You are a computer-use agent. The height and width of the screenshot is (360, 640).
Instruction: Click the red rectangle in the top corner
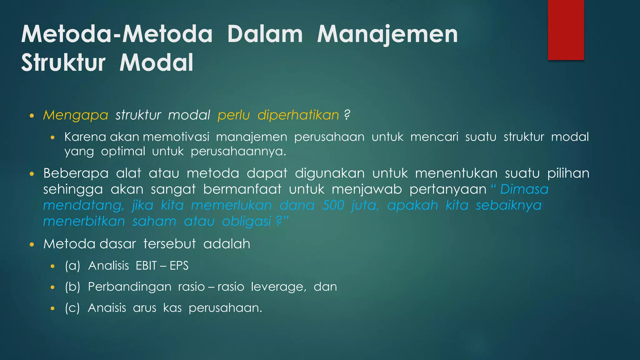pyautogui.click(x=566, y=30)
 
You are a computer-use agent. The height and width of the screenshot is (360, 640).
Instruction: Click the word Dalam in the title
pyautogui.click(x=265, y=34)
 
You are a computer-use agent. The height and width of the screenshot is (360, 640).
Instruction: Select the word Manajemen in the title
pyautogui.click(x=387, y=34)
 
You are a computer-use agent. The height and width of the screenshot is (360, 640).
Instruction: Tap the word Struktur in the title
pyautogui.click(x=63, y=62)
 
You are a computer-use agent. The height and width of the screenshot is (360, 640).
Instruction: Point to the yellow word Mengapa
pyautogui.click(x=76, y=115)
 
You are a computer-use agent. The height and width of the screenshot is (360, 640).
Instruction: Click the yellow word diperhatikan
pyautogui.click(x=298, y=115)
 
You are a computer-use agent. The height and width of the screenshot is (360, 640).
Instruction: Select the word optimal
pyautogui.click(x=123, y=152)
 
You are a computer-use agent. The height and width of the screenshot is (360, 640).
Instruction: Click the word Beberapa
pyautogui.click(x=76, y=173)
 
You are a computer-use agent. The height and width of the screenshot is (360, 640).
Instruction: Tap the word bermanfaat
pyautogui.click(x=242, y=189)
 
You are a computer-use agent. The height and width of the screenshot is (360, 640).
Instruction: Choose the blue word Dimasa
pyautogui.click(x=524, y=189)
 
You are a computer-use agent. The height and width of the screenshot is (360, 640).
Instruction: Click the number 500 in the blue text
pyautogui.click(x=333, y=205)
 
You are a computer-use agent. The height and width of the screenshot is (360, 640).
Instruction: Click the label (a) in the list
pyautogui.click(x=72, y=266)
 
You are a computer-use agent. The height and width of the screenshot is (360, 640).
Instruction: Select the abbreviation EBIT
pyautogui.click(x=146, y=266)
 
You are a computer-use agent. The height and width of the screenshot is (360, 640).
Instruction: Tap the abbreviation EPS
pyautogui.click(x=179, y=266)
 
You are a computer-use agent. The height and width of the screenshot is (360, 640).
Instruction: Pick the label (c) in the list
pyautogui.click(x=72, y=308)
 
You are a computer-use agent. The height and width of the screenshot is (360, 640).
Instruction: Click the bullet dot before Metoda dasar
pyautogui.click(x=32, y=244)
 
